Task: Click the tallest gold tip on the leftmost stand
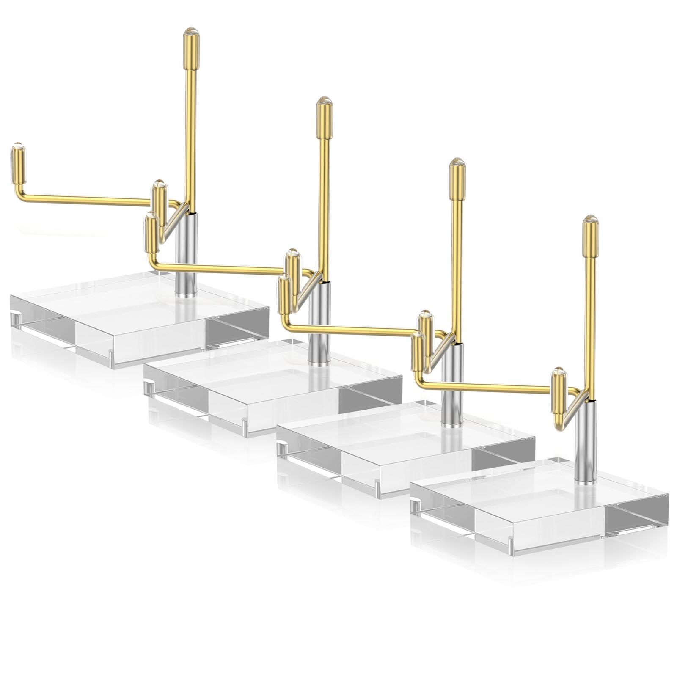(191, 49)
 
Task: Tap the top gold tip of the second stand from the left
(325, 118)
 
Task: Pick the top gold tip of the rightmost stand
(590, 237)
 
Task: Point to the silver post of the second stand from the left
(319, 324)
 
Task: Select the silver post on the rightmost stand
(586, 442)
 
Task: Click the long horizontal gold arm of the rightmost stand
(487, 385)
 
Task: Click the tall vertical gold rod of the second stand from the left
(324, 203)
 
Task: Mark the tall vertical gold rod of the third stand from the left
(456, 262)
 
